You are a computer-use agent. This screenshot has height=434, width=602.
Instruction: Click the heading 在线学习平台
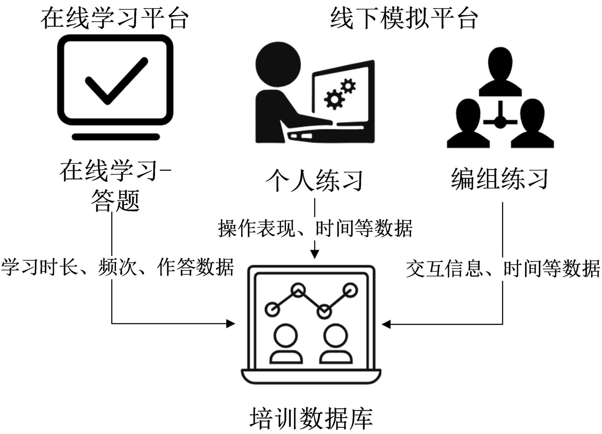pyautogui.click(x=114, y=18)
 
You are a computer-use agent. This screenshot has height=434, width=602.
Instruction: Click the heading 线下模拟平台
pyautogui.click(x=404, y=18)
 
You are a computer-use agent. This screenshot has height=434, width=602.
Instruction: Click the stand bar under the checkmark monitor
pyautogui.click(x=116, y=137)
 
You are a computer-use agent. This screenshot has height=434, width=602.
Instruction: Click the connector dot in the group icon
pyautogui.click(x=500, y=122)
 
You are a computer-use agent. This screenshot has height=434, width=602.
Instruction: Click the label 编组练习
pyautogui.click(x=499, y=179)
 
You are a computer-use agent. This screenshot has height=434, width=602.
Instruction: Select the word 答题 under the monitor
pyautogui.click(x=115, y=201)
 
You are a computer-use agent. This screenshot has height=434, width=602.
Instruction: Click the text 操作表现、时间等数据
pyautogui.click(x=315, y=228)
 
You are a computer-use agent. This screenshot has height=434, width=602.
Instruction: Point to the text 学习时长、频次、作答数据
pyautogui.click(x=117, y=267)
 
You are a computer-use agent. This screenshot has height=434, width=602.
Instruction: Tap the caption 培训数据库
pyautogui.click(x=311, y=418)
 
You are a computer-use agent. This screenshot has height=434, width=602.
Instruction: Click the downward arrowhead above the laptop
pyautogui.click(x=315, y=254)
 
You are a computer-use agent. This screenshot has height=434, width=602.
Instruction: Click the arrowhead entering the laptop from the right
pyautogui.click(x=386, y=324)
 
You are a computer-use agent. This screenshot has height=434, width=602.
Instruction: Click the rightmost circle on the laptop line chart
pyautogui.click(x=350, y=290)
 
